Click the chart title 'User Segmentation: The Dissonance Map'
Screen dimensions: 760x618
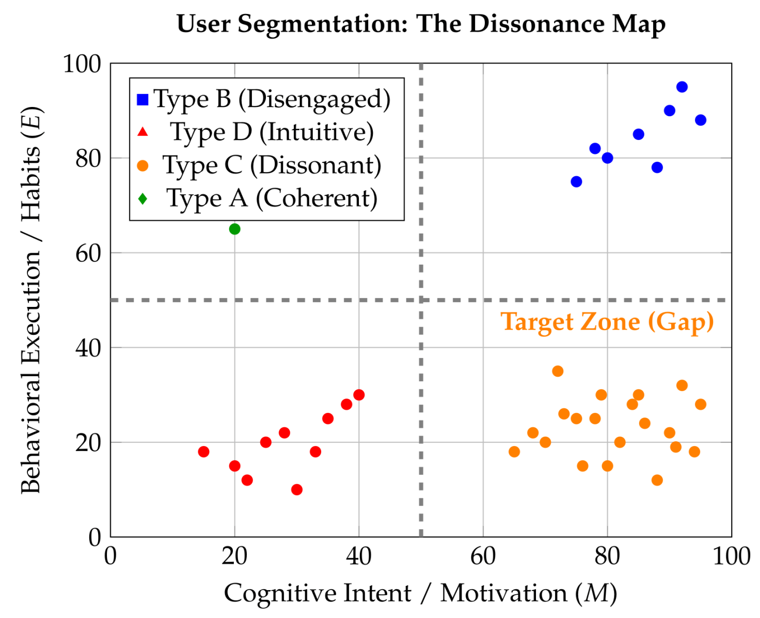tap(420, 24)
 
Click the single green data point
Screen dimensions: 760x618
tap(234, 229)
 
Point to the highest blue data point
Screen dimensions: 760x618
tap(682, 87)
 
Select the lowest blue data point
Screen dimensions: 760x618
tap(576, 182)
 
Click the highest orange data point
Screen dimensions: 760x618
tap(558, 372)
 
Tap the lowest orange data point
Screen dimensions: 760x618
tap(657, 480)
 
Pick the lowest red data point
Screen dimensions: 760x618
tap(296, 489)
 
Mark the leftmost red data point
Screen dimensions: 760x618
tap(203, 452)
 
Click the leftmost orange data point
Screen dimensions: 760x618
tap(514, 452)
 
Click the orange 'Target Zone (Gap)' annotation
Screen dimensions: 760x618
tap(607, 322)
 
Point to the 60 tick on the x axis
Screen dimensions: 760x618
tap(483, 557)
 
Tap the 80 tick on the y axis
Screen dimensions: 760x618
tap(88, 159)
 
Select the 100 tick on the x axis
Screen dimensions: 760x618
tap(732, 557)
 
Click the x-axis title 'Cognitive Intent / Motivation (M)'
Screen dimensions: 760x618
tap(420, 594)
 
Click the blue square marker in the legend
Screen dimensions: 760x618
tap(142, 100)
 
